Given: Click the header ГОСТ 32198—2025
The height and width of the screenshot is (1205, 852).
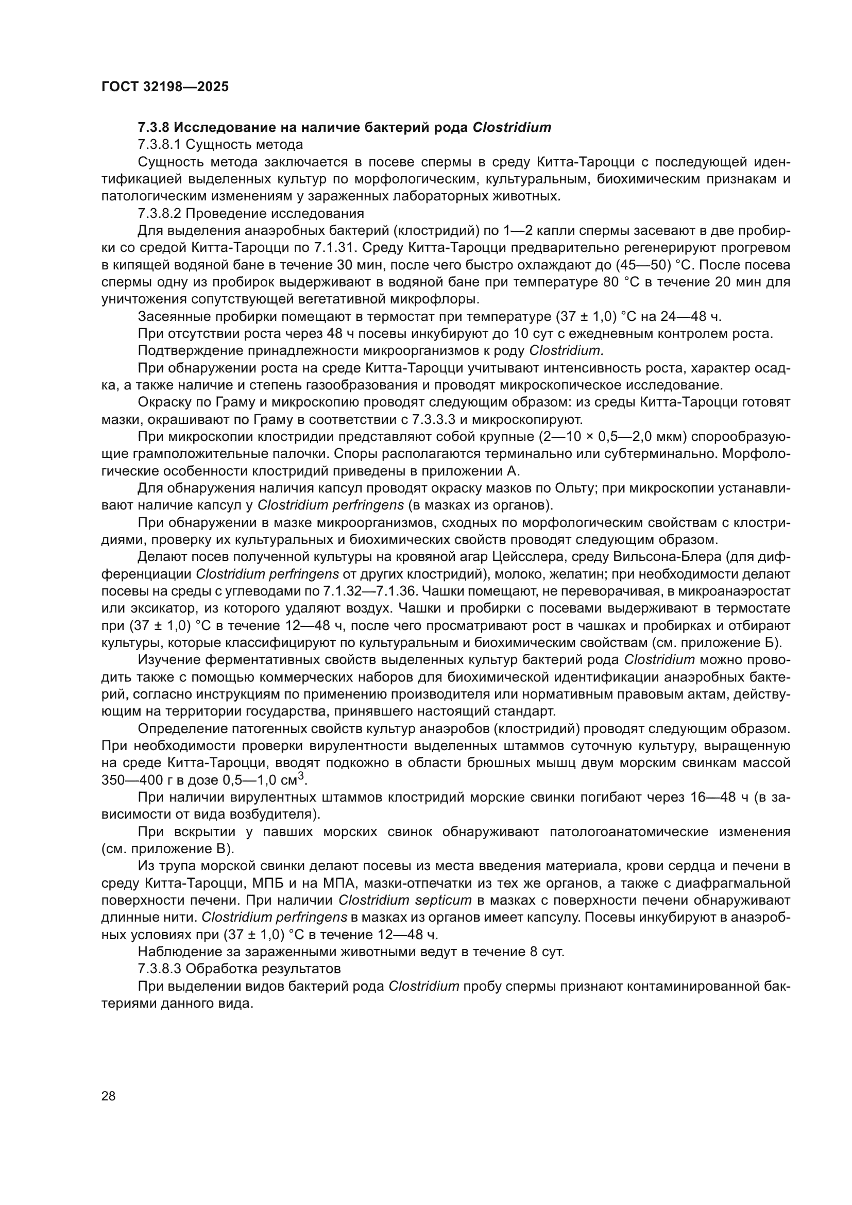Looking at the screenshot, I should pyautogui.click(x=165, y=87).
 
